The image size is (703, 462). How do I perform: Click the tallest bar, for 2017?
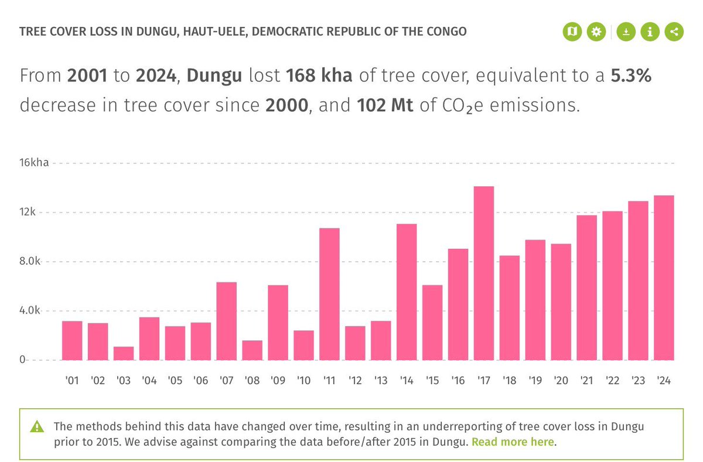click(x=483, y=273)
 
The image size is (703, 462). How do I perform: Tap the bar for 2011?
click(x=329, y=294)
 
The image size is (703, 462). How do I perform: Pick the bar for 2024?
click(x=664, y=278)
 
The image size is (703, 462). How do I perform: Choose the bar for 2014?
click(x=407, y=292)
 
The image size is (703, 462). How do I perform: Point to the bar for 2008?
click(x=252, y=350)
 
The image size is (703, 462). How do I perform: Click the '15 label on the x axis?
click(x=432, y=381)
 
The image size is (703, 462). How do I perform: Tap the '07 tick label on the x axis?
click(x=226, y=381)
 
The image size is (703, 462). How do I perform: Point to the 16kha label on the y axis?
click(x=35, y=163)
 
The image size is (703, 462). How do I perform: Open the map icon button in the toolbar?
click(x=572, y=32)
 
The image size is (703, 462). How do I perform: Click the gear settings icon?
click(x=596, y=32)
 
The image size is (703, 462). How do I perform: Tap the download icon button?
click(x=626, y=32)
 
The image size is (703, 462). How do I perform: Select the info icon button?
click(x=650, y=32)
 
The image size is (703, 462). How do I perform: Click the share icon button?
click(x=674, y=32)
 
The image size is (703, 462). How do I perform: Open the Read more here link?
click(x=512, y=442)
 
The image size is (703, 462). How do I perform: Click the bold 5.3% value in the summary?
click(x=628, y=76)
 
